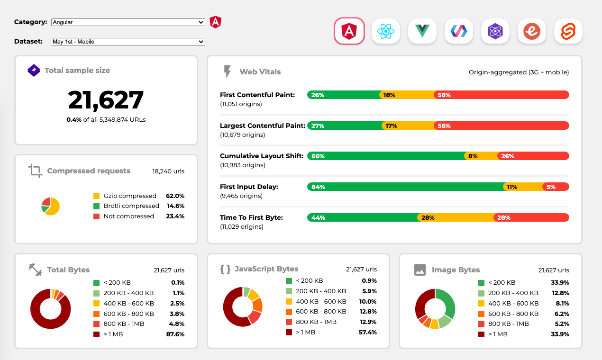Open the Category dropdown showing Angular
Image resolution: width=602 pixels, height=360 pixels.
[x=128, y=22]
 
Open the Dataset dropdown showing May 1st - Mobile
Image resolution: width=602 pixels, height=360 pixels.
[x=128, y=42]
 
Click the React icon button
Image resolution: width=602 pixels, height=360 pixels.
[x=386, y=31]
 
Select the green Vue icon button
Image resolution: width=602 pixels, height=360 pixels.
[x=422, y=31]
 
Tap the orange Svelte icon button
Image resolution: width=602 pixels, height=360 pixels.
[x=568, y=31]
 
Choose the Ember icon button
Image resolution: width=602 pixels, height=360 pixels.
[x=532, y=31]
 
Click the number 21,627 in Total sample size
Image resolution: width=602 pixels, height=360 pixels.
[x=106, y=100]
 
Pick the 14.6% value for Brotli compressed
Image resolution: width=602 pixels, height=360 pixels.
[x=175, y=206]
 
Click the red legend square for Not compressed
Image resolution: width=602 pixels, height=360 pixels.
[x=97, y=216]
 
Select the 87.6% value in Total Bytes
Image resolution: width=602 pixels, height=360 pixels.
[x=175, y=334]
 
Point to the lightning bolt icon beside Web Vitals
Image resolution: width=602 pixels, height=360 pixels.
[x=228, y=72]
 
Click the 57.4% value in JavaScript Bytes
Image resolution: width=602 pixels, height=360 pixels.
[x=367, y=332]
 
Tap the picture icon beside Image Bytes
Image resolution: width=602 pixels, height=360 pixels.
[x=420, y=270]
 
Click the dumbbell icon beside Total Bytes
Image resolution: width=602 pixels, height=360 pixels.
[x=36, y=270]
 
